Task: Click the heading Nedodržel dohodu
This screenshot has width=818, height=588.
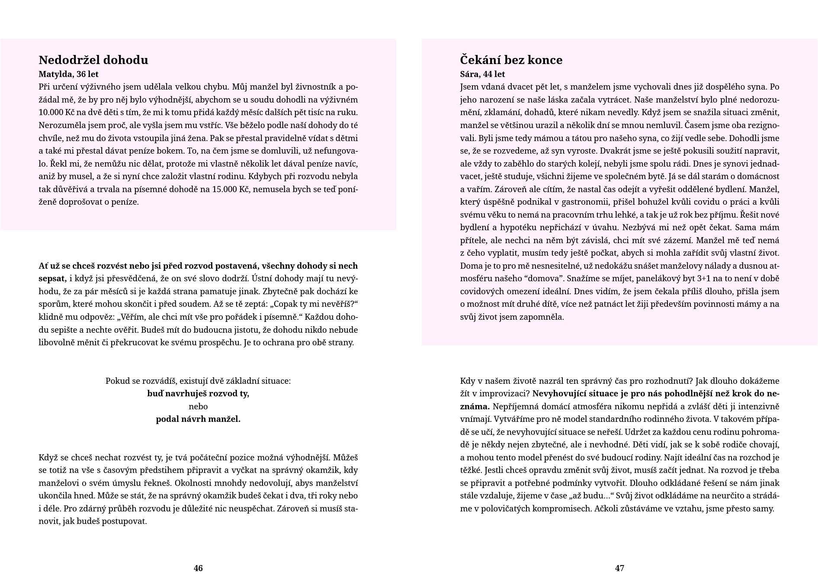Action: (x=93, y=60)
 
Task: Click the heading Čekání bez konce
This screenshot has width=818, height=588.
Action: (x=511, y=60)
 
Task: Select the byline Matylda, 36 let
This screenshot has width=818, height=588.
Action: (x=68, y=74)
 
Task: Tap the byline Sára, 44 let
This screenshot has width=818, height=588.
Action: (x=482, y=74)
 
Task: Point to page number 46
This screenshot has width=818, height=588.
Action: (x=198, y=568)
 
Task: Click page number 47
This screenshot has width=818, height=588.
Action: (x=619, y=568)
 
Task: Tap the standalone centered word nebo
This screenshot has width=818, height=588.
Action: (x=198, y=406)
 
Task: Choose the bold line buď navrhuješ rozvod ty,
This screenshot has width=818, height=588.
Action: (x=198, y=394)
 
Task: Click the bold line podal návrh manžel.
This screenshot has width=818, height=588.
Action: (x=198, y=419)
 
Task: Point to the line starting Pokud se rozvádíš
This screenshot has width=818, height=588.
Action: (x=198, y=381)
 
